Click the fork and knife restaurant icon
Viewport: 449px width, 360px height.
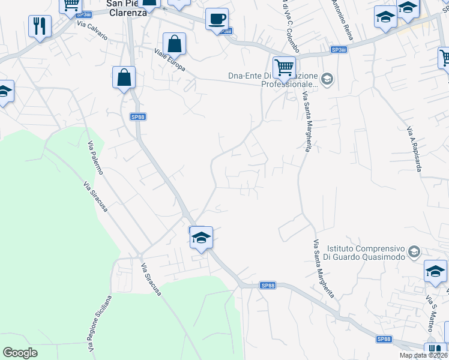(x=40, y=26)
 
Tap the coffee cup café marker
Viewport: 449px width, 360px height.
(x=217, y=19)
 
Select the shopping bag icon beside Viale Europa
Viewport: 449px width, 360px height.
(x=174, y=44)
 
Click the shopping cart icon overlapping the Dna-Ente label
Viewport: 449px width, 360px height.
(x=284, y=67)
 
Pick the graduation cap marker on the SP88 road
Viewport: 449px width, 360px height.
(x=201, y=238)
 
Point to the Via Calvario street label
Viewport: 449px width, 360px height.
(x=92, y=32)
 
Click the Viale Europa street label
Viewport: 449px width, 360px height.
(x=170, y=61)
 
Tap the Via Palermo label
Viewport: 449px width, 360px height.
(x=95, y=158)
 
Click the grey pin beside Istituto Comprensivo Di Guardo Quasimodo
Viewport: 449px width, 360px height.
(x=414, y=251)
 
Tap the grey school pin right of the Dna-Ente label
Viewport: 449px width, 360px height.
(x=327, y=79)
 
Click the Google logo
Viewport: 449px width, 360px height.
(x=20, y=353)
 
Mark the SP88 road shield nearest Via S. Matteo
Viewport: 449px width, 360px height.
(x=384, y=340)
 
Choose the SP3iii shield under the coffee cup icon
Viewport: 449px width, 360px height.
(x=224, y=32)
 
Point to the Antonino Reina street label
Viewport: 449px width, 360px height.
(x=341, y=20)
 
